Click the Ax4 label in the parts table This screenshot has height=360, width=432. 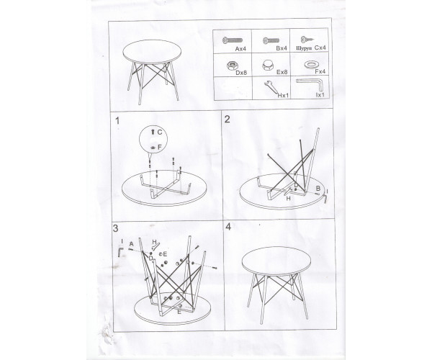click(240, 49)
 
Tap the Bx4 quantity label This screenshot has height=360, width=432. click(282, 48)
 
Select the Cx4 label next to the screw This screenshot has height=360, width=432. click(320, 48)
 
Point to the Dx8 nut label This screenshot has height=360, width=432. click(241, 73)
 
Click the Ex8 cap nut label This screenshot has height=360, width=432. click(282, 72)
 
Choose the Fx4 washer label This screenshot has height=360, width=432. click(320, 71)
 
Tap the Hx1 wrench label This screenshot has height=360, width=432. click(283, 95)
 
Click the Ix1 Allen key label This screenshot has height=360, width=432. click(320, 95)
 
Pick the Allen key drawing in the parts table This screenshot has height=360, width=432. click(309, 84)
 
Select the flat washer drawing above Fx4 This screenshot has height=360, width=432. click(311, 66)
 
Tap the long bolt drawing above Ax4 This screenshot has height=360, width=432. click(233, 40)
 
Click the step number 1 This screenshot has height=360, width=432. click(117, 121)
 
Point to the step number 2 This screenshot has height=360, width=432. click(228, 120)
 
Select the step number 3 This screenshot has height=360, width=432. click(115, 228)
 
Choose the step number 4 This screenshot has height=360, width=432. click(228, 227)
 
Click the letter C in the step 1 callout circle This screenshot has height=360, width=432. click(160, 132)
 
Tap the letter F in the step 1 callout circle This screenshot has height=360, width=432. click(160, 148)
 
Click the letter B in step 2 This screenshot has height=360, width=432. click(318, 189)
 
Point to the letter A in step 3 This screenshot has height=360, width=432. click(132, 244)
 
